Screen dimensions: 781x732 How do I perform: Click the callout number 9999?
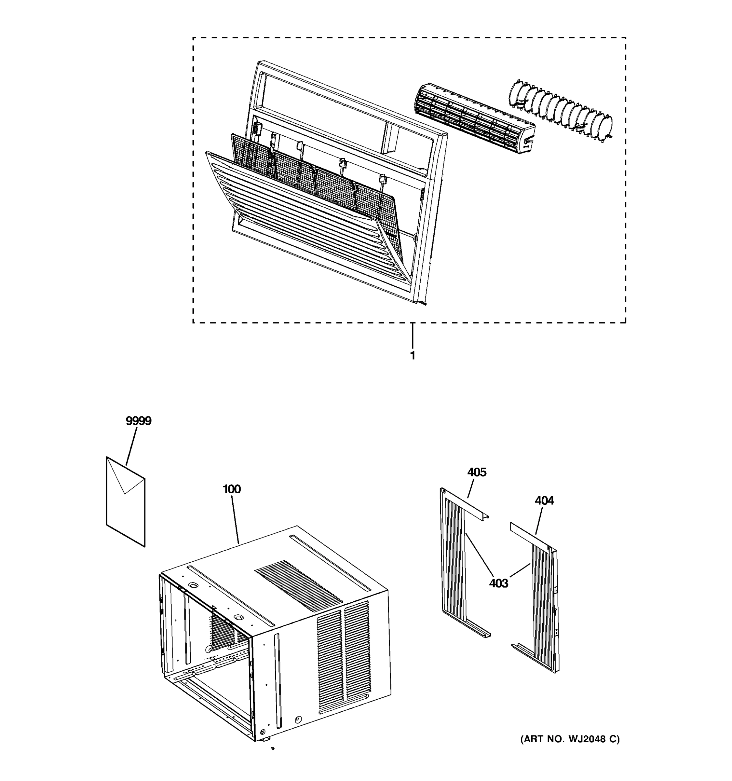tap(138, 421)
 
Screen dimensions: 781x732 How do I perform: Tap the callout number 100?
tap(231, 489)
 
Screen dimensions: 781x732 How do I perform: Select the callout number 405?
tap(476, 472)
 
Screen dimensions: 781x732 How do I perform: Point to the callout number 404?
tap(544, 500)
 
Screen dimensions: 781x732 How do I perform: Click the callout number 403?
tap(498, 583)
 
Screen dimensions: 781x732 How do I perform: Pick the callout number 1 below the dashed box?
tap(412, 356)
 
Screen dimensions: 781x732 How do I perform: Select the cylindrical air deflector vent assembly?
tap(473, 118)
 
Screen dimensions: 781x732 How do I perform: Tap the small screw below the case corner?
tap(273, 748)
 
